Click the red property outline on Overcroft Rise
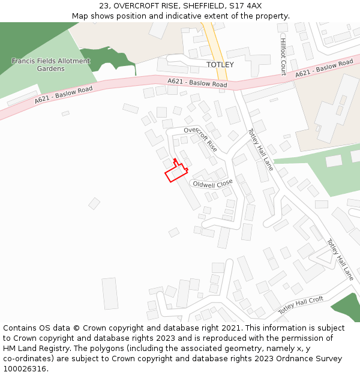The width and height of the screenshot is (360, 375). tap(175, 172)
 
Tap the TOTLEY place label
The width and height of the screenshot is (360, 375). tap(220, 64)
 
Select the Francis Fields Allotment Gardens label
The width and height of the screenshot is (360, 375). tap(51, 65)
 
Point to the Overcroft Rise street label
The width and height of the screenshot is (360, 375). tap(200, 139)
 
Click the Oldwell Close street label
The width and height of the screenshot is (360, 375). tap(212, 184)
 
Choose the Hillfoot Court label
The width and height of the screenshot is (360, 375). tap(283, 55)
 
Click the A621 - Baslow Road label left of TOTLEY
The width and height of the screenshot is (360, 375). tap(197, 83)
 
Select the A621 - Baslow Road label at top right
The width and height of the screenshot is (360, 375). tap(324, 68)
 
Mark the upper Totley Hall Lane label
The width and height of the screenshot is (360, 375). tap(260, 149)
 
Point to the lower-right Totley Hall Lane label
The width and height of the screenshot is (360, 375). tap(340, 260)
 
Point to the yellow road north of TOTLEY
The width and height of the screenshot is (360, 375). tap(215, 42)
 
